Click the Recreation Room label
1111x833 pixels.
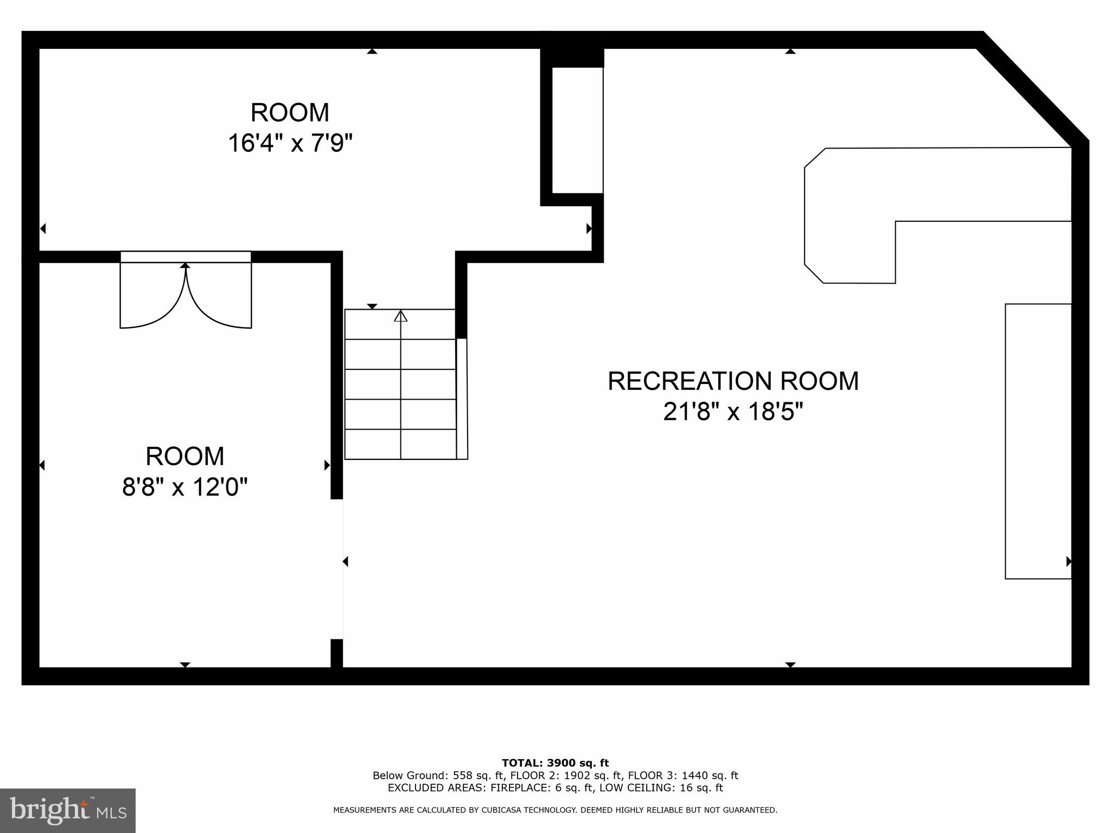click(x=733, y=381)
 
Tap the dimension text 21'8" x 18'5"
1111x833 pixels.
click(x=733, y=412)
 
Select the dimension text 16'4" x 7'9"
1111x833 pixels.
click(x=290, y=144)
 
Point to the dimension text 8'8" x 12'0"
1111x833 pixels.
click(x=184, y=486)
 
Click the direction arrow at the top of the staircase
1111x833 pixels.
click(x=400, y=316)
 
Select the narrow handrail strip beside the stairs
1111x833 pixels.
click(x=462, y=399)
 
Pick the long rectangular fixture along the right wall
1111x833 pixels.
click(x=1038, y=441)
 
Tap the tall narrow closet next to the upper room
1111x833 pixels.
click(x=577, y=130)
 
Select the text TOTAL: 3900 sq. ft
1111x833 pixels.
click(x=555, y=764)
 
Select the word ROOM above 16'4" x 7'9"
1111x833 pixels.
click(x=290, y=113)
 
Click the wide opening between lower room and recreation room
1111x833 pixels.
click(x=337, y=569)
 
